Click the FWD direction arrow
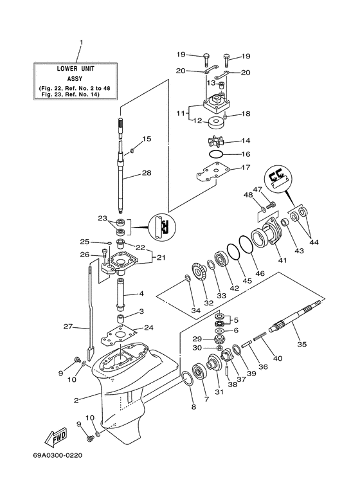pos(55,438)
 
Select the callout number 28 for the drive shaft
pos(147,173)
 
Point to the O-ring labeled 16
pos(216,154)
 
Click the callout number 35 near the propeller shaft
pos(301,344)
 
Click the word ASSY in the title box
pos(75,78)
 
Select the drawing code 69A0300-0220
pos(58,455)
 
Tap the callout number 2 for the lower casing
pos(76,401)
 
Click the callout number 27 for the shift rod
pos(67,326)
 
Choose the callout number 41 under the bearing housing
pos(282,260)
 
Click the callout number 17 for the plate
pos(246,167)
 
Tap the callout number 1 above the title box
pos(81,42)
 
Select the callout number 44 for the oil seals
pos(314,242)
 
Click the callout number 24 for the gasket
pos(148,327)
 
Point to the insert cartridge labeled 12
pos(217,123)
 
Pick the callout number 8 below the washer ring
pos(194,407)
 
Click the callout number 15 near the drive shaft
pos(147,139)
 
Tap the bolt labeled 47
pos(271,204)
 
